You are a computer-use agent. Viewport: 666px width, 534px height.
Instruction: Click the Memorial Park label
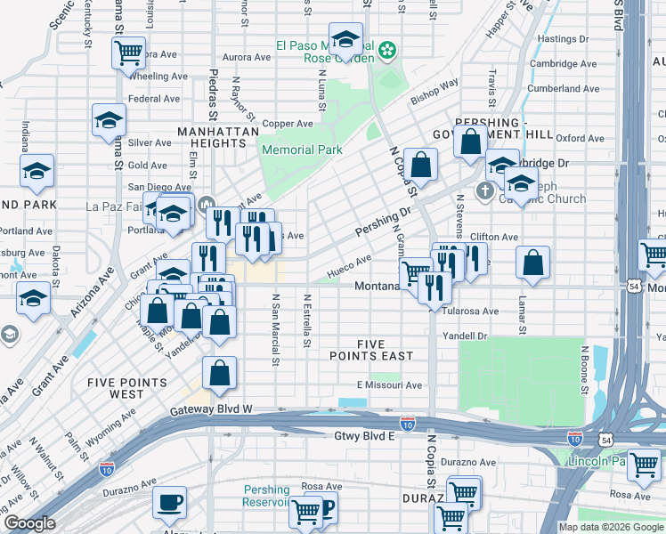(302, 150)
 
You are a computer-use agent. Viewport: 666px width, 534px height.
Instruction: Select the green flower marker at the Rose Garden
(387, 51)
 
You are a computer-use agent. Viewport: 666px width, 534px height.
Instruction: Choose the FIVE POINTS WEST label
(127, 388)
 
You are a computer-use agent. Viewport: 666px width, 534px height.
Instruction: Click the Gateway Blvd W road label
(212, 409)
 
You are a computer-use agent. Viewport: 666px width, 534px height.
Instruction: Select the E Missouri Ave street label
(389, 385)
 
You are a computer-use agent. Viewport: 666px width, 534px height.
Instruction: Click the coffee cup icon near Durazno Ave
(169, 501)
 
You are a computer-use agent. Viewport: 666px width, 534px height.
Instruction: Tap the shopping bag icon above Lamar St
(532, 262)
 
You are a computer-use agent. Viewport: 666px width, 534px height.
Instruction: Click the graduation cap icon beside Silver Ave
(109, 120)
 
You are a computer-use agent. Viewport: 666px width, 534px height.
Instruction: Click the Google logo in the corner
(28, 523)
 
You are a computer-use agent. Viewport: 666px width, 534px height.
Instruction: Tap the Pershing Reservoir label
(267, 496)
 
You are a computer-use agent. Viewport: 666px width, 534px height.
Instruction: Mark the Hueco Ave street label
(349, 263)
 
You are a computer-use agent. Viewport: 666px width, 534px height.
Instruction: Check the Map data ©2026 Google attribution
(610, 527)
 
